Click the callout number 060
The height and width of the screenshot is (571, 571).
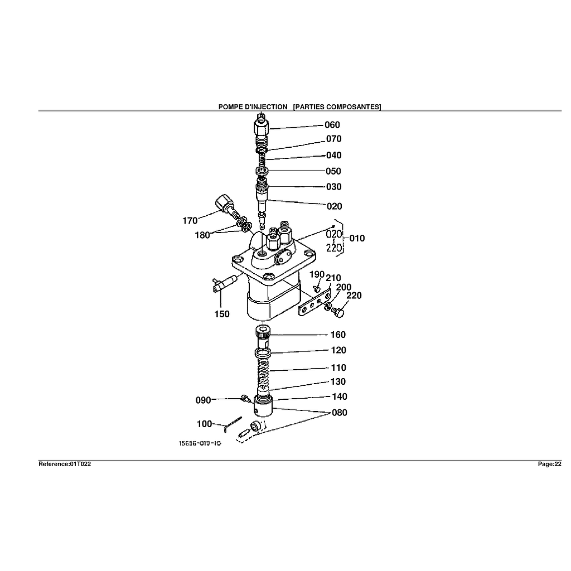[x=332, y=125]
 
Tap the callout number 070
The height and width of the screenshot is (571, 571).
[x=333, y=139]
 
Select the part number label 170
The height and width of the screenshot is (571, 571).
[x=190, y=221]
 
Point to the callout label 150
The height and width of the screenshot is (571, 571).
[x=222, y=314]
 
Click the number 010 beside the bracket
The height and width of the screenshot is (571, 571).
[x=357, y=238]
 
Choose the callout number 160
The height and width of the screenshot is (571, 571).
[x=338, y=335]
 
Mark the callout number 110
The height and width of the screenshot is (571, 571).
[x=338, y=367]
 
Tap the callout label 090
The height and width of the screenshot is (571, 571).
[x=203, y=400]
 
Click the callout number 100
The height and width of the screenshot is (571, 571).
[x=205, y=424]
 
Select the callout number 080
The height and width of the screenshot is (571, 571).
[x=339, y=413]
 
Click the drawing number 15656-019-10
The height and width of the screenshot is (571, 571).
[x=200, y=444]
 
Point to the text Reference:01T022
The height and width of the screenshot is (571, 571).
[x=65, y=464]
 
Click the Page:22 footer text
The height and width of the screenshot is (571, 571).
[x=549, y=464]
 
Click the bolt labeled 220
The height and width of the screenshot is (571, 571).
[x=338, y=314]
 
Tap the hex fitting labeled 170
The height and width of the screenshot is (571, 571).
[x=223, y=203]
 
